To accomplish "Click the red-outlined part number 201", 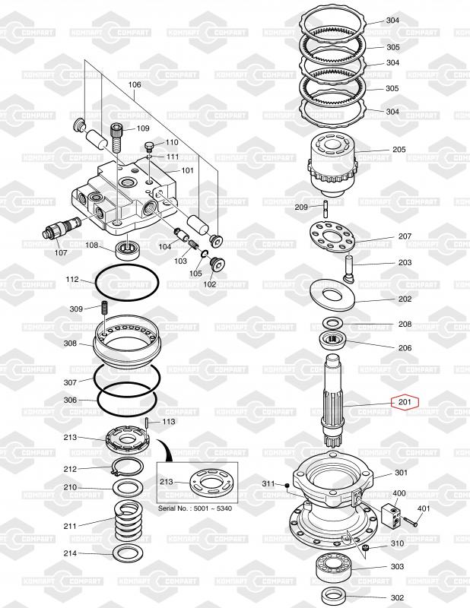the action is click(405, 402).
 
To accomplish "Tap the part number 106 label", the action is click(135, 84).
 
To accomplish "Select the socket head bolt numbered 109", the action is click(117, 138).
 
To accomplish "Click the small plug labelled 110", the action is click(149, 147).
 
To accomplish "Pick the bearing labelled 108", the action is click(128, 250).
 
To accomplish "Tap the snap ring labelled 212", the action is click(128, 467).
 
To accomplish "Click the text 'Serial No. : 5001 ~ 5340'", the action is click(195, 508).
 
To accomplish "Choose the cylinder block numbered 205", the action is click(332, 164).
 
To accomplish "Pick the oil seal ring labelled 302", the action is click(334, 595).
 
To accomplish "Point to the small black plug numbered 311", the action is click(287, 485).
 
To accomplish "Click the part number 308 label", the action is click(70, 344).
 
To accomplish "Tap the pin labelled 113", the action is click(148, 423).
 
